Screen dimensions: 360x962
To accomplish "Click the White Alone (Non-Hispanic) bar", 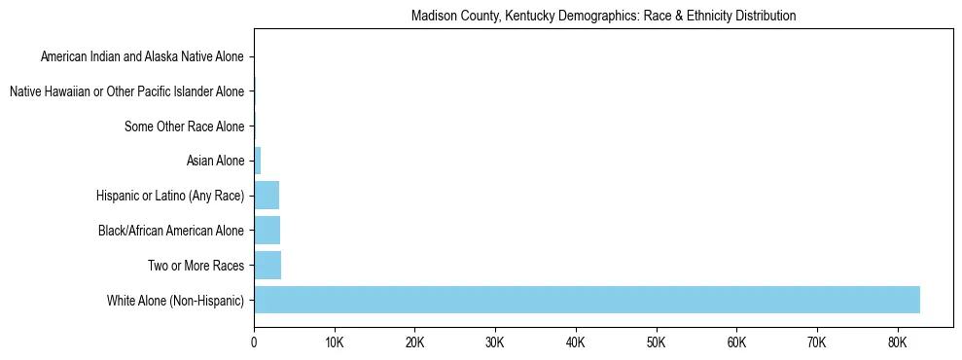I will (587, 300).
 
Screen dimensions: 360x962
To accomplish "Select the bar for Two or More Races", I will (267, 265).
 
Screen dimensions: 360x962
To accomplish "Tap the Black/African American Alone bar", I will (267, 231).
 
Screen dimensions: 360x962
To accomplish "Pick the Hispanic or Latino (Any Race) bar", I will (267, 196).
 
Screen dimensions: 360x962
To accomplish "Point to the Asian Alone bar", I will (258, 161).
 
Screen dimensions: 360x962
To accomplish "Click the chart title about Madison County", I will (603, 17).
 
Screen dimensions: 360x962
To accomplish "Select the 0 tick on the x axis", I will (254, 342).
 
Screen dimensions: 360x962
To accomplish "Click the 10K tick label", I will (335, 342).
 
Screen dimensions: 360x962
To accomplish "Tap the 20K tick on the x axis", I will (414, 342).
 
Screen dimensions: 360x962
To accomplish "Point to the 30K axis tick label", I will (495, 342).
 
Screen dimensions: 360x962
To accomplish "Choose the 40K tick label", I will (575, 342).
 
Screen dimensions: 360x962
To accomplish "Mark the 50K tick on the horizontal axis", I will (656, 342).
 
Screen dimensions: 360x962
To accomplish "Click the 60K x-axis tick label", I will (736, 342).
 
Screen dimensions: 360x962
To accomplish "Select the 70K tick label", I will (816, 342).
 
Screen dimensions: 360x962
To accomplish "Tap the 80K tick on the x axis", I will (897, 342).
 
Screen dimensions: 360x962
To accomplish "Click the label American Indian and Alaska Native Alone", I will (142, 57).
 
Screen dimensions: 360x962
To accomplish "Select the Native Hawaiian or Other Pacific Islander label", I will (126, 91).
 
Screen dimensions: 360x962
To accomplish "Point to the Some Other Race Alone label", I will (185, 126).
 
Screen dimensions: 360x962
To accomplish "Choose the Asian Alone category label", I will (215, 161).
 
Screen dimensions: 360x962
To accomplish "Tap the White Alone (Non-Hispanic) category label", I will (176, 300).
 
